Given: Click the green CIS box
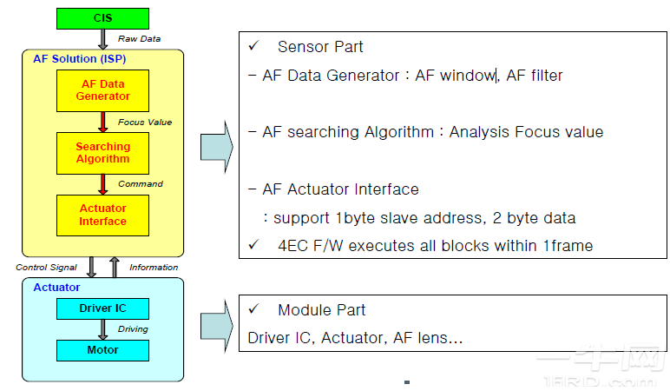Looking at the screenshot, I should [102, 18].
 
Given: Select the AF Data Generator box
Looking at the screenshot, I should [102, 90].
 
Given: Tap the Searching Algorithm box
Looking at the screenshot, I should [102, 153].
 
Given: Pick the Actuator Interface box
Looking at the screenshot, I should [102, 215].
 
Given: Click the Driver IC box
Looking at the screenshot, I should [102, 308].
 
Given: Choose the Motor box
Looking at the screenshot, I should [102, 350].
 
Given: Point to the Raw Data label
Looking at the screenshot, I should [140, 39].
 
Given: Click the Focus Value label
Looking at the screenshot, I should [144, 123].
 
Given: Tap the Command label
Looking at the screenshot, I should [141, 184].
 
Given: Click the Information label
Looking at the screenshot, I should [154, 267].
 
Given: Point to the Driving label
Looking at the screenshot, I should [133, 329].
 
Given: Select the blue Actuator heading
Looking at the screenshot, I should [56, 287].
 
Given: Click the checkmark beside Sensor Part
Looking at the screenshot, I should [253, 46].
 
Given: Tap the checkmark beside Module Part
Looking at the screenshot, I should [253, 309].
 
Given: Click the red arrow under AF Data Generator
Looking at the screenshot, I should [102, 122].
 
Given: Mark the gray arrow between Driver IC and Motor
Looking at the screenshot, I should [102, 329].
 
